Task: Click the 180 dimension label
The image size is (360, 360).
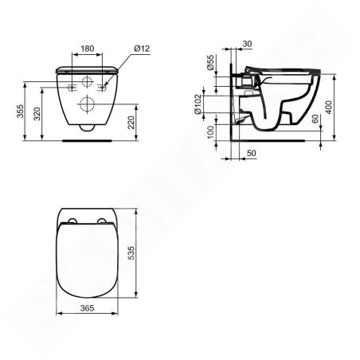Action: click(x=88, y=49)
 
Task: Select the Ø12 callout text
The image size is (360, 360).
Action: click(x=142, y=49)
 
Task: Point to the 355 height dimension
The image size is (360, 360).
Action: click(x=20, y=112)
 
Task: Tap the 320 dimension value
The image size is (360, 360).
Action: click(x=37, y=114)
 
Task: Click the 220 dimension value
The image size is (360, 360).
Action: click(x=131, y=123)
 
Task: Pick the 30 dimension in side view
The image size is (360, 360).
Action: click(x=247, y=44)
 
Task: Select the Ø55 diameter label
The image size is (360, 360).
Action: click(x=210, y=63)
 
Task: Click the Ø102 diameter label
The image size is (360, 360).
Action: click(x=198, y=104)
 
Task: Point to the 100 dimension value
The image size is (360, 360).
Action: click(x=210, y=132)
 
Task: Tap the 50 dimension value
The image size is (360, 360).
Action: click(x=252, y=153)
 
